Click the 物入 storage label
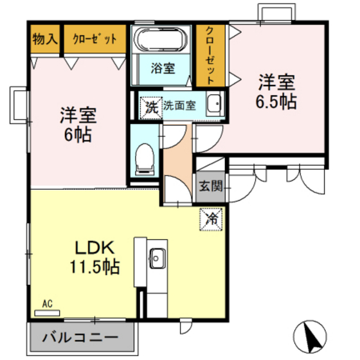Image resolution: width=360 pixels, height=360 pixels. point(44,39)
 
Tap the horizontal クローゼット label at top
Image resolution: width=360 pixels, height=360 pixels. point(95,39)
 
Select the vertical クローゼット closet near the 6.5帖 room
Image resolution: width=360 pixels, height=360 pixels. point(210,55)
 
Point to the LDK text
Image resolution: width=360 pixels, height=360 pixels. point(95,248)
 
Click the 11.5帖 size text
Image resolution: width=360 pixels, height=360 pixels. point(95,266)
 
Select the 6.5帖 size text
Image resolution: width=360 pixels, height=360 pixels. point(277,102)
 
